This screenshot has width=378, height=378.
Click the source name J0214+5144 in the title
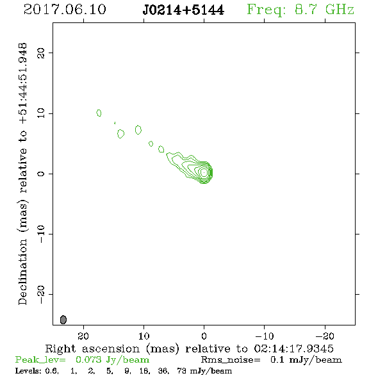click(x=183, y=10)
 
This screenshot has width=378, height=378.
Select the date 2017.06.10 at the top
click(x=65, y=10)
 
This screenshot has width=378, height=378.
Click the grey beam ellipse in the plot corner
click(x=63, y=320)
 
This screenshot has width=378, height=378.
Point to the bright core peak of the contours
click(x=204, y=172)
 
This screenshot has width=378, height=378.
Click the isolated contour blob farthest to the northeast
click(x=99, y=113)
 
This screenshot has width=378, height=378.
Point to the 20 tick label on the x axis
click(x=83, y=336)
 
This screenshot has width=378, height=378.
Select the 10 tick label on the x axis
click(x=144, y=336)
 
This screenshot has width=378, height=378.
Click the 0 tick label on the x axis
click(x=204, y=336)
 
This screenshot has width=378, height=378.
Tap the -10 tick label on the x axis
click(x=265, y=336)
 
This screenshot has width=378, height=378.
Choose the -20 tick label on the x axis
click(x=325, y=336)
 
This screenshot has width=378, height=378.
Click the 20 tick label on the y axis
click(x=41, y=53)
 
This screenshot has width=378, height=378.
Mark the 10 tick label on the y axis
click(x=41, y=113)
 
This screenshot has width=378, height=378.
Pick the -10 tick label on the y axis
click(x=41, y=234)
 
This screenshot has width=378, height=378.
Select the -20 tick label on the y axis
click(x=41, y=294)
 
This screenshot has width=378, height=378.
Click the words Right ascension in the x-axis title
click(x=92, y=349)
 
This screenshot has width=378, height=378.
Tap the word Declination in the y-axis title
click(x=22, y=272)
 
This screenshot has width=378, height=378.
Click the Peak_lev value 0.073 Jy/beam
click(x=112, y=360)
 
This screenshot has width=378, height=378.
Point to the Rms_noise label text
click(x=231, y=360)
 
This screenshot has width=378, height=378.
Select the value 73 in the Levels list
click(x=181, y=370)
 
